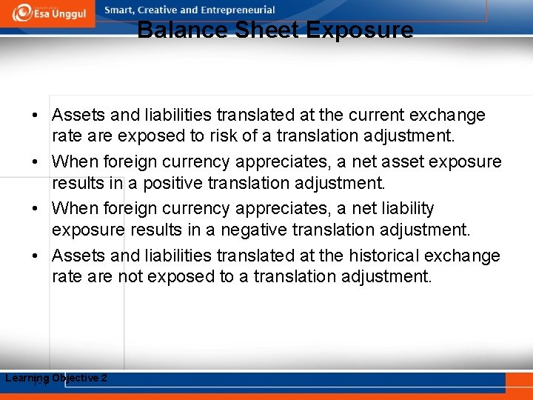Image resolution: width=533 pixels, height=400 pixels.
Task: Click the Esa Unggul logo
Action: click(47, 12)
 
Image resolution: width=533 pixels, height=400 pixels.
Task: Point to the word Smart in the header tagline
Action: click(121, 10)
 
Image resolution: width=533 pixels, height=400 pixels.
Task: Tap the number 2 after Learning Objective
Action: click(104, 378)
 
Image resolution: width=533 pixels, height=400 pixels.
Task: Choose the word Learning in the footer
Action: click(27, 379)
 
